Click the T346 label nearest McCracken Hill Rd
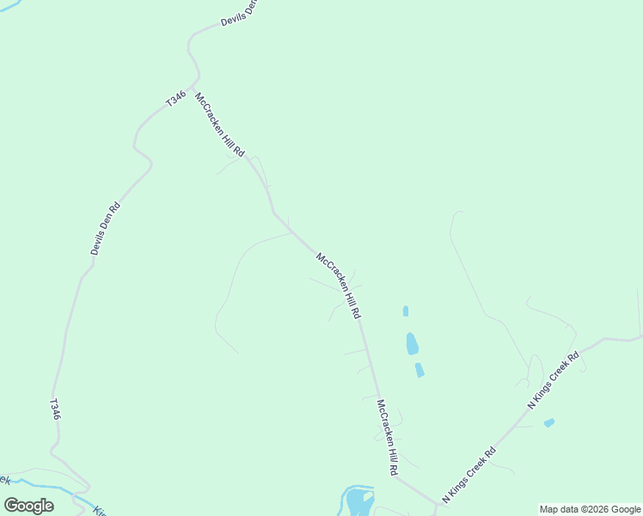[175, 100]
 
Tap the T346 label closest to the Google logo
[55, 408]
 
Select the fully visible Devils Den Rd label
[106, 228]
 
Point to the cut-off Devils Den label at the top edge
[239, 13]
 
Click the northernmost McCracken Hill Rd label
[220, 125]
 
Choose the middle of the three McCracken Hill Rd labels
[339, 286]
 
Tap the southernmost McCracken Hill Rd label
[388, 439]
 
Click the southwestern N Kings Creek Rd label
[469, 475]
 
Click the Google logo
[29, 506]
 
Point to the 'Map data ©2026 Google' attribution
[591, 509]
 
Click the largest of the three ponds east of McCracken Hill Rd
[412, 344]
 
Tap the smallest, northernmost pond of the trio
[405, 311]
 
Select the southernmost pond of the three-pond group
[419, 370]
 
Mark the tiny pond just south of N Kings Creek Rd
[549, 422]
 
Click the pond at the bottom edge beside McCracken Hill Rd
[358, 501]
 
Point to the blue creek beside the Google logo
[69, 493]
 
